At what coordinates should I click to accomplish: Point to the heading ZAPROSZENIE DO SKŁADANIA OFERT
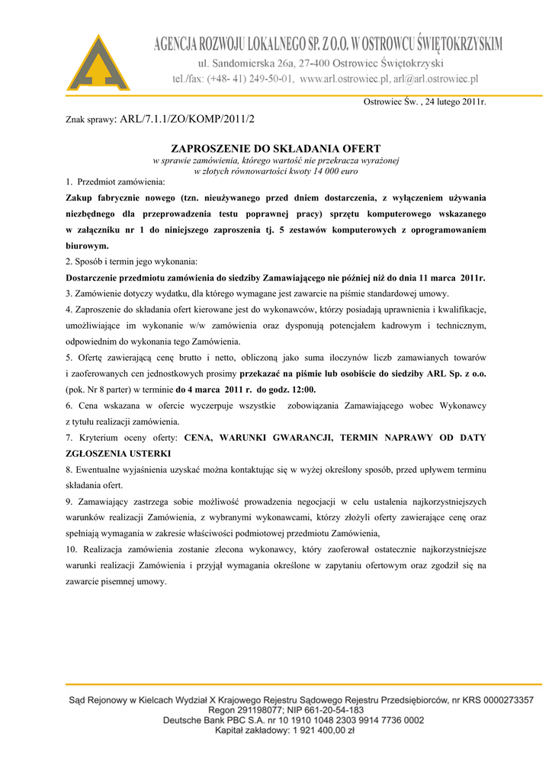tap(276, 148)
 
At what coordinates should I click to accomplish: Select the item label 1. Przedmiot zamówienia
tap(115, 182)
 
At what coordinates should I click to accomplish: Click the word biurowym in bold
tap(88, 246)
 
